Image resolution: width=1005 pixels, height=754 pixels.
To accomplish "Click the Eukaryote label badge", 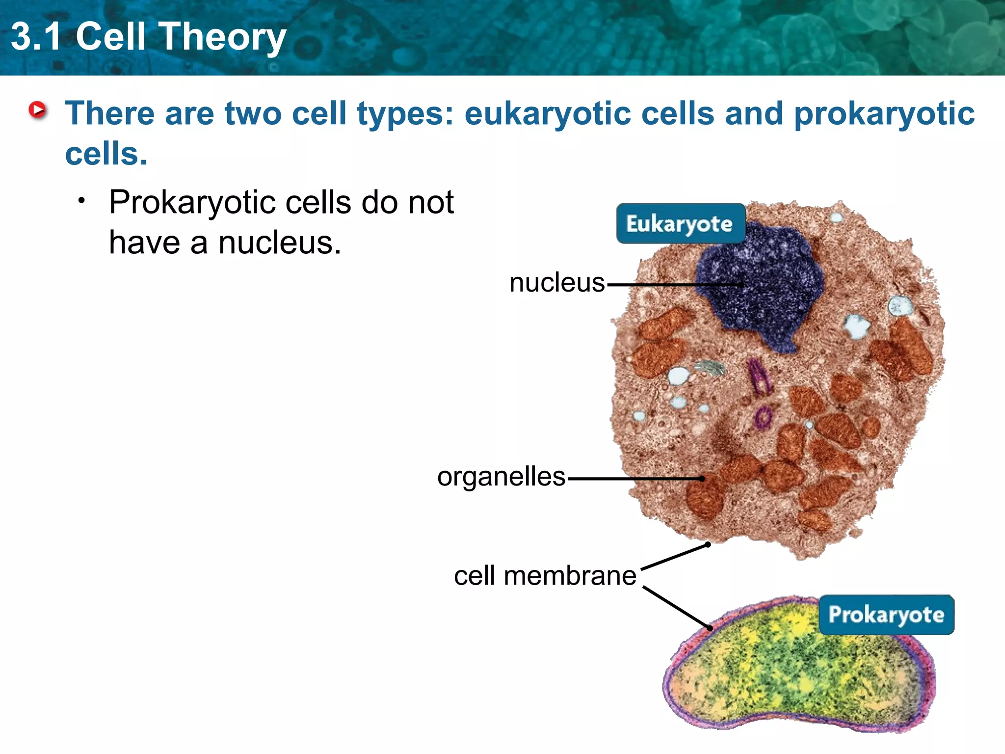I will pyautogui.click(x=680, y=224).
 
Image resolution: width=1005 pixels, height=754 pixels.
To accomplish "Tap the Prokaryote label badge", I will pyautogui.click(x=886, y=615).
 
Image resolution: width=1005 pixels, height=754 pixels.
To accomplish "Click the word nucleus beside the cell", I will pyautogui.click(x=557, y=283).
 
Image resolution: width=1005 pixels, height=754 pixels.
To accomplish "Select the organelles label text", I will pyautogui.click(x=501, y=477).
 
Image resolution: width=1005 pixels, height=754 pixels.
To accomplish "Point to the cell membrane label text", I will pyautogui.click(x=545, y=576).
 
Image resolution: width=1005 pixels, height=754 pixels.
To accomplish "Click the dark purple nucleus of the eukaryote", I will pyautogui.click(x=766, y=290).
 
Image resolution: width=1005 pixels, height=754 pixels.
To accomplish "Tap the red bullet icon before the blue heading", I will pyautogui.click(x=37, y=110).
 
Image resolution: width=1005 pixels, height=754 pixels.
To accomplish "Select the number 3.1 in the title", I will pyautogui.click(x=36, y=37).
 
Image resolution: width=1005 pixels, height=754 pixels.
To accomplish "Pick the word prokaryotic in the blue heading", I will pyautogui.click(x=884, y=114).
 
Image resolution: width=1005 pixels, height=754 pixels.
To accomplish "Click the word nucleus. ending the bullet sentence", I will pyautogui.click(x=279, y=243).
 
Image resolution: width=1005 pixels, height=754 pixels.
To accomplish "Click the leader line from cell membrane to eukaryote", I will pyautogui.click(x=675, y=557).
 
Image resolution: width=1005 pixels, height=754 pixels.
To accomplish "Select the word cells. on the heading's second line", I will pyautogui.click(x=106, y=154).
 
